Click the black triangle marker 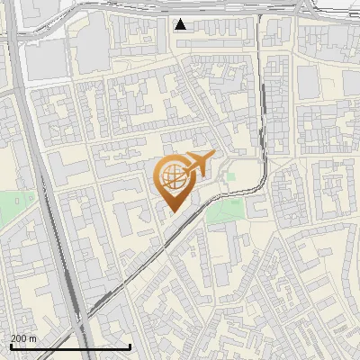[181, 24]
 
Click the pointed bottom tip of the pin [172, 211]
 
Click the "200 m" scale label [24, 338]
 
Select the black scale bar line [70, 346]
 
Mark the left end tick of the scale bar [11, 345]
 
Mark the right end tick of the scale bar [130, 345]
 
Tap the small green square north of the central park [229, 176]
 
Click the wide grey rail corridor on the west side [40, 180]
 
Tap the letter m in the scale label [32, 338]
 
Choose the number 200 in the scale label [20, 338]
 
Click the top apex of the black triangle [181, 19]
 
